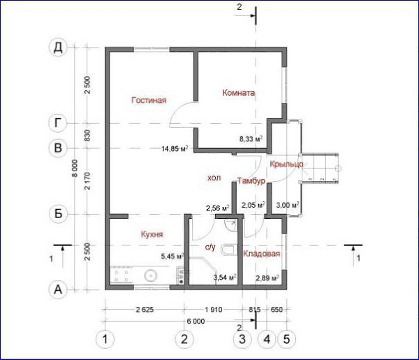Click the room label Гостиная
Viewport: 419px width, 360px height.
149,100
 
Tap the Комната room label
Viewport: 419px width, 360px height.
239,93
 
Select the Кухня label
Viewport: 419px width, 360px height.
152,235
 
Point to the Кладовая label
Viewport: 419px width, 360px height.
262,254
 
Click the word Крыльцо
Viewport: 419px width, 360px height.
286,164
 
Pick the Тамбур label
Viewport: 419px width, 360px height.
251,181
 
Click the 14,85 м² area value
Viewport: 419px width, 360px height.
175,148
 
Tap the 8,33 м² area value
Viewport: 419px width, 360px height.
251,139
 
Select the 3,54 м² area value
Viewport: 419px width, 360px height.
225,278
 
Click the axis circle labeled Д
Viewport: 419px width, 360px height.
58,48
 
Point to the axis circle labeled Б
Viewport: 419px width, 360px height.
58,214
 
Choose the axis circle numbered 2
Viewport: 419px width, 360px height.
184,340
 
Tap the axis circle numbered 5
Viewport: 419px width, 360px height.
286,340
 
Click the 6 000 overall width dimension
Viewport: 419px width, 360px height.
196,322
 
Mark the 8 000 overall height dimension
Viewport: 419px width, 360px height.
75,168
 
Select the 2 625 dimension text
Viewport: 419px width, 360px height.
145,310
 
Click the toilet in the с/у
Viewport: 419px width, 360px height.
228,250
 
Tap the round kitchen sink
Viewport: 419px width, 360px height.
150,275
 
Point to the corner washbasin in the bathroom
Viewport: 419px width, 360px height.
231,226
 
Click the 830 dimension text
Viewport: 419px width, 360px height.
87,136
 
